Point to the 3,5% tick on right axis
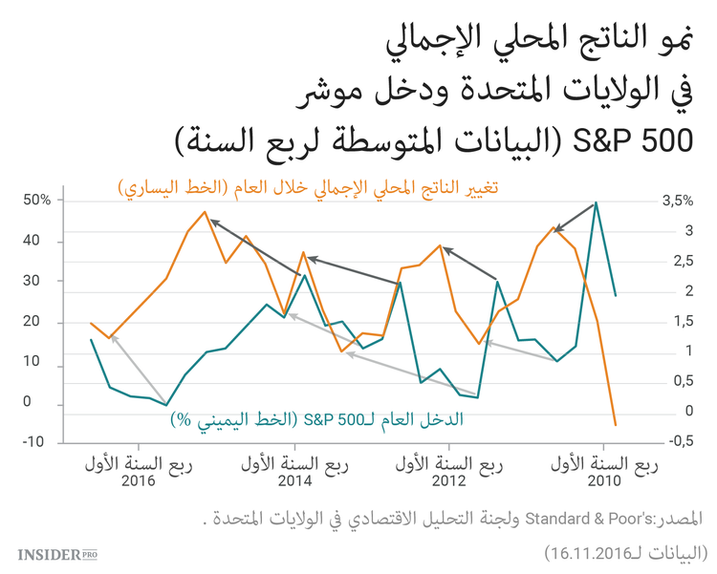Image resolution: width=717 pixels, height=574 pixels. tap(676, 201)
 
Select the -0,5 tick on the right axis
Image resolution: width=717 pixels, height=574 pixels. tap(674, 441)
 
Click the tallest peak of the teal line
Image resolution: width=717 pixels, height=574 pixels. tap(596, 202)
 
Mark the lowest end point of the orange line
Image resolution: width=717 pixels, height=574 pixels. tap(615, 424)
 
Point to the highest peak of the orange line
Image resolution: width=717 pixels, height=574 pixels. tap(204, 212)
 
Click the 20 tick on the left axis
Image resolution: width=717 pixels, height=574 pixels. tap(38, 322)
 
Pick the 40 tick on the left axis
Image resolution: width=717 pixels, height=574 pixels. tap(38, 241)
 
